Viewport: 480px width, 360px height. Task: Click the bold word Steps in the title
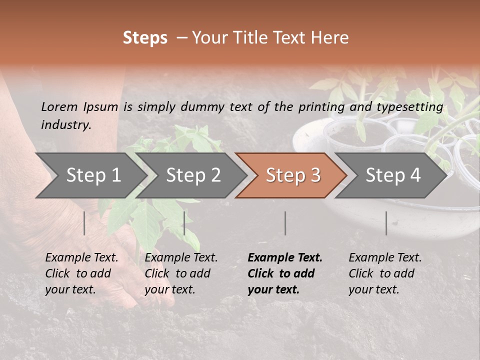pyautogui.click(x=145, y=38)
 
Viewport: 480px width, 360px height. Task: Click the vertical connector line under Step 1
pyautogui.click(x=84, y=223)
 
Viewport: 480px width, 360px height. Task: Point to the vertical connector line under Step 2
pyautogui.click(x=184, y=223)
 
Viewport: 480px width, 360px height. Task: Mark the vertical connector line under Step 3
pyautogui.click(x=285, y=223)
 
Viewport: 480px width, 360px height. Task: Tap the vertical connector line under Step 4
pyautogui.click(x=386, y=223)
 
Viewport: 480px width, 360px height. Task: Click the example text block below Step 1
pyautogui.click(x=81, y=273)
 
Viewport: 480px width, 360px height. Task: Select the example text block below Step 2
pyautogui.click(x=181, y=273)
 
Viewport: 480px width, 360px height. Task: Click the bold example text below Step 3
pyautogui.click(x=285, y=273)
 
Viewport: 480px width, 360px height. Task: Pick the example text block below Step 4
pyautogui.click(x=385, y=273)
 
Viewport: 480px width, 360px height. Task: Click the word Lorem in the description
pyautogui.click(x=59, y=106)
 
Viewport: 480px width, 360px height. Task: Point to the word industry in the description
pyautogui.click(x=66, y=125)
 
